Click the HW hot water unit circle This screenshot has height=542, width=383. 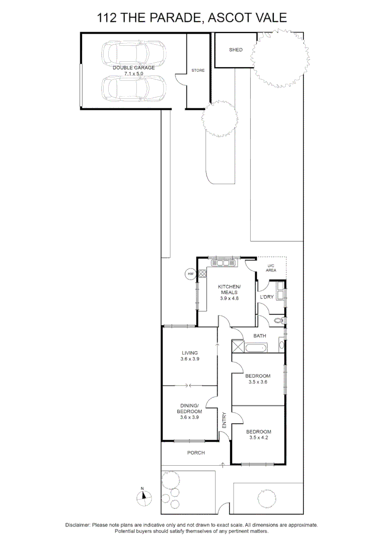point(190,274)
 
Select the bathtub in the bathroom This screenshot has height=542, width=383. point(256,347)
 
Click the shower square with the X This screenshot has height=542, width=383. point(237,347)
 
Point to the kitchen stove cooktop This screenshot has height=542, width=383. point(203,274)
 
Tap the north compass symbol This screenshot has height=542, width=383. point(143,496)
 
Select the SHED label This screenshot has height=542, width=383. point(236,50)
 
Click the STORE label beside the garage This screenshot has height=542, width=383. point(198,70)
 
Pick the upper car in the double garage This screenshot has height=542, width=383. point(133,52)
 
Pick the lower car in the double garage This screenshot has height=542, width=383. point(133,87)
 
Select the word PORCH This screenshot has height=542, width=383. point(196,453)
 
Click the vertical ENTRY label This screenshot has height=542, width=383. point(224,421)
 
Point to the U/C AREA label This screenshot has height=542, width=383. point(271,268)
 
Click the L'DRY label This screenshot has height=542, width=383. point(266,297)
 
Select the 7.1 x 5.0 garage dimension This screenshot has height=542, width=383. point(133,73)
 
